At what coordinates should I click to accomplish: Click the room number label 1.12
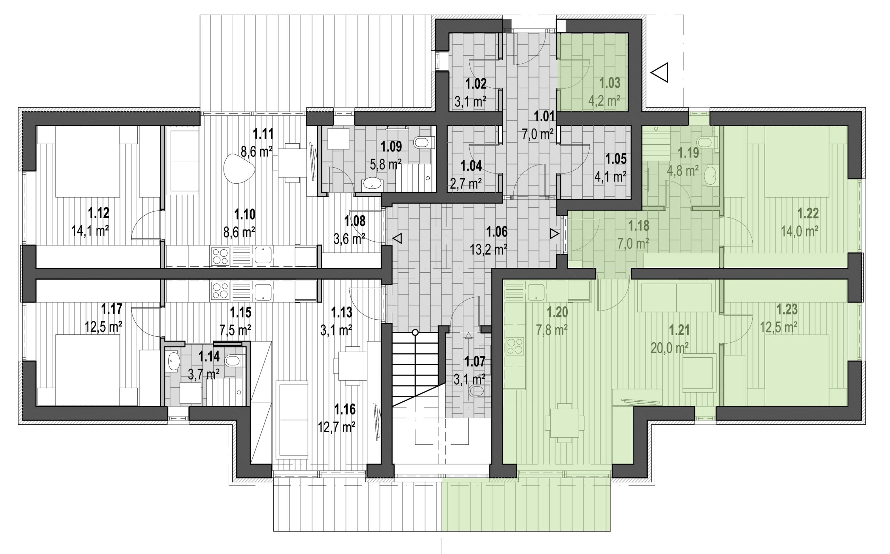98,212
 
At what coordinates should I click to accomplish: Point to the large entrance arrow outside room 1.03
659,73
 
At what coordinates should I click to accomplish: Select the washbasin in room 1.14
172,361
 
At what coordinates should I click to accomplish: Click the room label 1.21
679,330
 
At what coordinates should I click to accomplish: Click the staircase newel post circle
415,333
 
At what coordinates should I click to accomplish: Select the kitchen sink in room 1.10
263,255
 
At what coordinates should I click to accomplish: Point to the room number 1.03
610,83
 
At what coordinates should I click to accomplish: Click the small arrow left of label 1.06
397,239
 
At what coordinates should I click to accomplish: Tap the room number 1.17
112,309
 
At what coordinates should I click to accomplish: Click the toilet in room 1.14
232,361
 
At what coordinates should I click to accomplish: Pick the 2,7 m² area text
466,183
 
